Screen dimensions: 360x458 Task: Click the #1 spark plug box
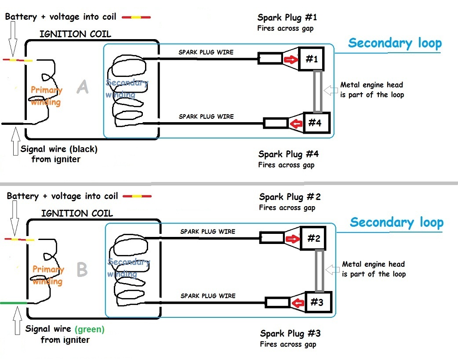tap(311, 59)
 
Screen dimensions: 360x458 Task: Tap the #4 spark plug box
tap(314, 123)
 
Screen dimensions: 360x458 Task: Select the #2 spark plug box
tap(313, 238)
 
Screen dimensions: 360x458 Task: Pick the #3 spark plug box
tap(316, 302)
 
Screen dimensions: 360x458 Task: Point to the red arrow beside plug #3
tap(299, 303)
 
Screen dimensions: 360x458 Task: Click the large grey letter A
tap(82, 87)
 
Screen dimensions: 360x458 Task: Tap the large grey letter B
tap(82, 269)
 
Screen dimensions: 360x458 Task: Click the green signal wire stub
tap(13, 303)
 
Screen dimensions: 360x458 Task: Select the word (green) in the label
tap(90, 329)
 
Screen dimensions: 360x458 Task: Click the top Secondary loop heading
tap(395, 43)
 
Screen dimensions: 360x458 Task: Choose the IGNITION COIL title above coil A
tap(75, 34)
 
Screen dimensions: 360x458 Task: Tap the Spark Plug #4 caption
tap(288, 154)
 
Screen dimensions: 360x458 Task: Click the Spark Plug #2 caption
tap(290, 197)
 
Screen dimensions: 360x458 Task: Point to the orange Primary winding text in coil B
tap(48, 275)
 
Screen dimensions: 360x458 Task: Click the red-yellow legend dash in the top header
tap(136, 17)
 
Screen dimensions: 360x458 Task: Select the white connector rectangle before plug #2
tap(272, 238)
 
